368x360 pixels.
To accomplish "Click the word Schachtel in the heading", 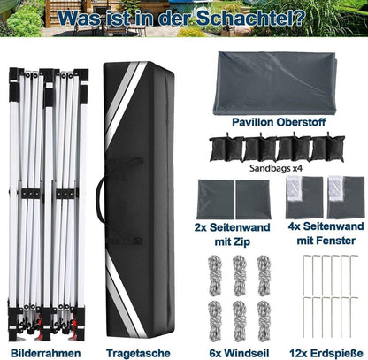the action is click(250, 18).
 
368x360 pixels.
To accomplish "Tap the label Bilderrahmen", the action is click(46, 353).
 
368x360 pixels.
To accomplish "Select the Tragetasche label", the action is click(138, 353).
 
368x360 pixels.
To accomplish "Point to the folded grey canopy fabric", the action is click(275, 83).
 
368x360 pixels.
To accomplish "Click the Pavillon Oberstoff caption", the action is click(279, 122).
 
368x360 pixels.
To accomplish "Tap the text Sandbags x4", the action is click(276, 168).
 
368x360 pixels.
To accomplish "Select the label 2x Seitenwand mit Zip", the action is click(233, 234).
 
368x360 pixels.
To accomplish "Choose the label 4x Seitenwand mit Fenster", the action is click(326, 234).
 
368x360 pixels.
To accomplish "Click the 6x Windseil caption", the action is click(239, 353).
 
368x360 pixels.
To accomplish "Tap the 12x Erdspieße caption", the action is click(326, 353).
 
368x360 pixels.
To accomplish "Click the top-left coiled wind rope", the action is click(215, 275).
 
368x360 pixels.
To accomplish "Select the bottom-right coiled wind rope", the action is click(264, 321).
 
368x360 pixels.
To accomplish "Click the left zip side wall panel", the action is click(216, 200).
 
